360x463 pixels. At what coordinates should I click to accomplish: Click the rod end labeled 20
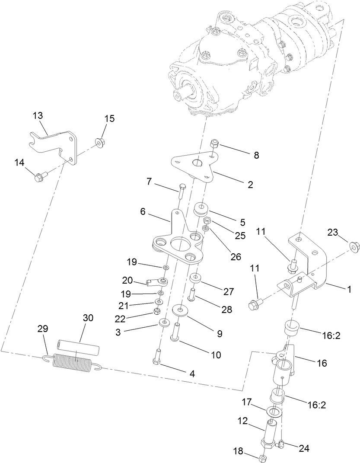coord(157,282)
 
